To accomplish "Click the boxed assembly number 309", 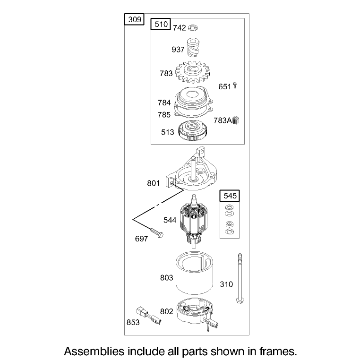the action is [x=134, y=19].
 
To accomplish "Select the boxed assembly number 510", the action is [x=161, y=24].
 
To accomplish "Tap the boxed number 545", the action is [x=230, y=196].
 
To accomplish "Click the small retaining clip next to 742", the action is [x=193, y=28].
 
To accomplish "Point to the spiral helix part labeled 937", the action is [x=193, y=47].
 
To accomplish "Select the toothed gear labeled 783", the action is [x=193, y=72].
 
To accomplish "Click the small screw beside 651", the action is [x=235, y=86].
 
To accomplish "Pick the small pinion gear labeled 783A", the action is [x=236, y=120].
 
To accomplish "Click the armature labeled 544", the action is [x=194, y=221].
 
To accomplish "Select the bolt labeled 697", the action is [x=156, y=232].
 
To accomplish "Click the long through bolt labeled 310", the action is [x=240, y=278].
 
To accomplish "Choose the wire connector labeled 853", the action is [x=148, y=316].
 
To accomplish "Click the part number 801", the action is [x=153, y=183].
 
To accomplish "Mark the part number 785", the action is [x=164, y=115].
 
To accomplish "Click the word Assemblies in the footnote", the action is [x=94, y=351].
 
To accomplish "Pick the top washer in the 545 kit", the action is [x=229, y=207].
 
